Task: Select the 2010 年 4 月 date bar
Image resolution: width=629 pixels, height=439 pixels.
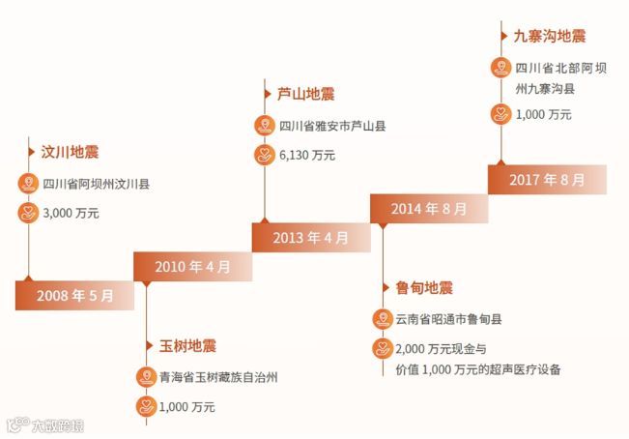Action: [192, 266]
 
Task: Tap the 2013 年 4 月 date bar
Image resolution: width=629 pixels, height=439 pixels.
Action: [310, 237]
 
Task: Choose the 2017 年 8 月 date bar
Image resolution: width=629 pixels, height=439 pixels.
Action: [547, 179]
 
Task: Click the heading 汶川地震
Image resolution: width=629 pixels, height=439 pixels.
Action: [70, 152]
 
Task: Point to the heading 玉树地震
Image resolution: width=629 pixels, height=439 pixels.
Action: [187, 345]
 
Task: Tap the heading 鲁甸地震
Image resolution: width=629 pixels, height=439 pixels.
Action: [424, 287]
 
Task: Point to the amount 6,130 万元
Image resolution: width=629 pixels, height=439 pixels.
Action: [307, 155]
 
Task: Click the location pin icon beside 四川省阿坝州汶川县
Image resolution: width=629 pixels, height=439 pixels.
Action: [27, 183]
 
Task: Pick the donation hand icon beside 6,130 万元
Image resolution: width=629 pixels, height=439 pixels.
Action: [263, 155]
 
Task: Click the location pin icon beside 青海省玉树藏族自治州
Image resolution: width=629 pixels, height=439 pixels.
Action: [145, 377]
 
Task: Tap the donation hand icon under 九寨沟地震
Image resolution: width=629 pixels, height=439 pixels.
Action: [500, 114]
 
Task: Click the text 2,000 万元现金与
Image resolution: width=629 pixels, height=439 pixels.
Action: [440, 348]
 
